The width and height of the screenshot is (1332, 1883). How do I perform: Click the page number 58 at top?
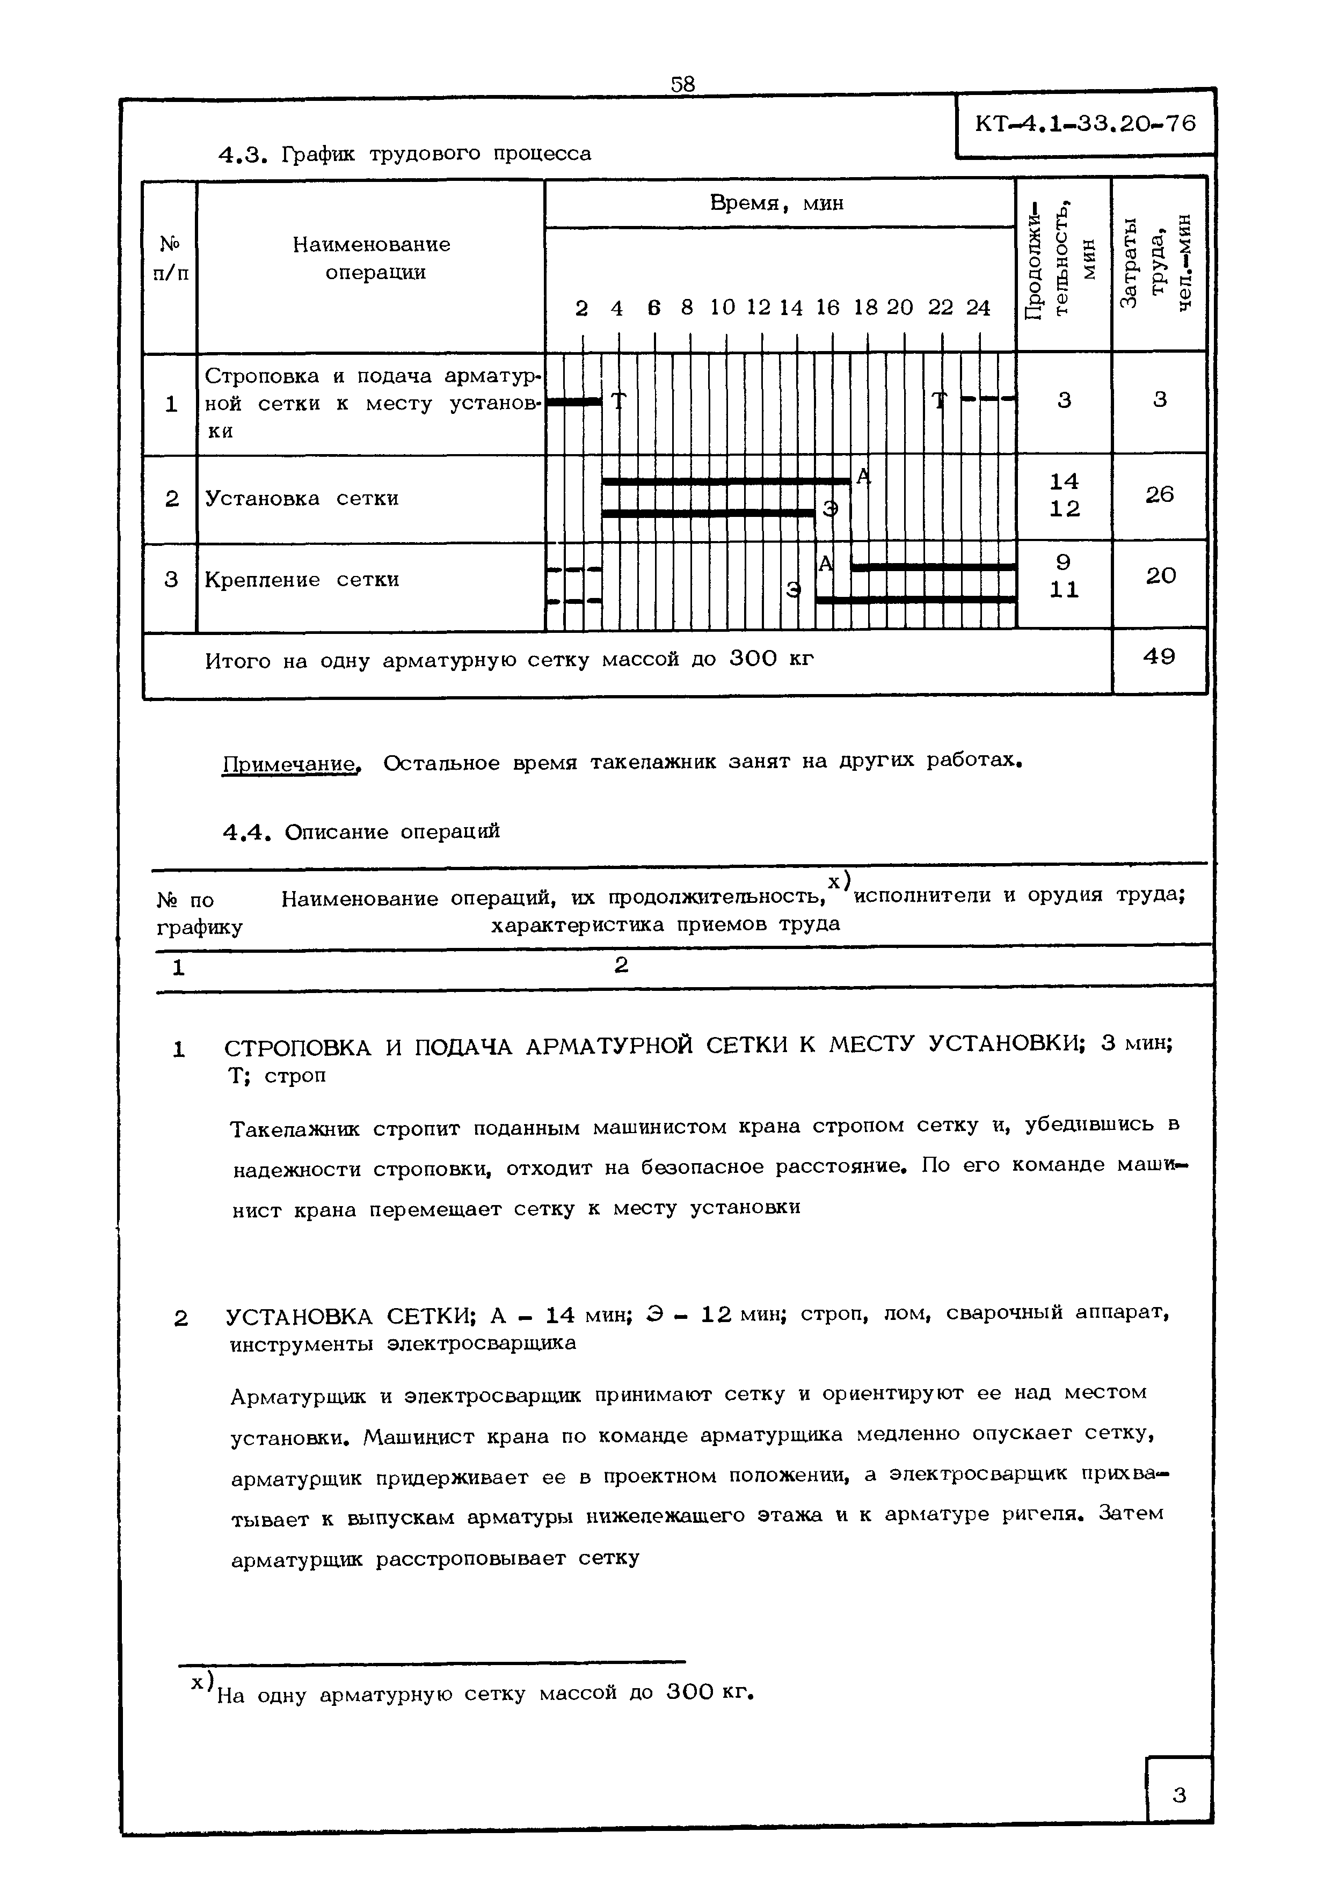click(x=682, y=84)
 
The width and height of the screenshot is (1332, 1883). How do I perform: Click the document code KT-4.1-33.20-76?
click(x=1085, y=124)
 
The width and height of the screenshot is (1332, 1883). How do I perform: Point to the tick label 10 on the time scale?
click(x=723, y=308)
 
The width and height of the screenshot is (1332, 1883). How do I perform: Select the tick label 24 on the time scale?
click(x=978, y=308)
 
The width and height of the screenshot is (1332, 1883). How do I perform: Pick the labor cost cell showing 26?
click(x=1159, y=494)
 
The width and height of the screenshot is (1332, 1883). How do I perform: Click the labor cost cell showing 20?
click(x=1160, y=576)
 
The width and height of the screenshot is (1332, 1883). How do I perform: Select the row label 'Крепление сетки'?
click(x=301, y=580)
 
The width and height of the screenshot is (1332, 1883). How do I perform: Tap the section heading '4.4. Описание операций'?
click(x=361, y=831)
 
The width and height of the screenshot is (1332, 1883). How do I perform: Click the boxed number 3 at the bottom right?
click(x=1178, y=1796)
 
